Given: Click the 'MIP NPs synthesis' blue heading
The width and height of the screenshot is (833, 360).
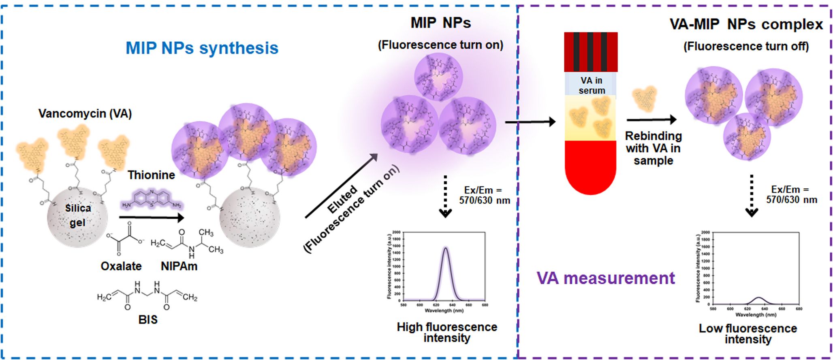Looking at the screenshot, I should point(202,48).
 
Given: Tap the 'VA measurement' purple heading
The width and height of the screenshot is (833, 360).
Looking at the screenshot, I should point(606,278).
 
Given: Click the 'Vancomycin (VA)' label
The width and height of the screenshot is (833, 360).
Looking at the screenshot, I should point(85,113).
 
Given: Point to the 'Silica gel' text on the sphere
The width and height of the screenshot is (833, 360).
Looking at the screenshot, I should point(78,215).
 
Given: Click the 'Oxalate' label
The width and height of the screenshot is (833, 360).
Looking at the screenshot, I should point(121,266).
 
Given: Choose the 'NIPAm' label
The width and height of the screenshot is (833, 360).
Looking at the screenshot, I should point(179,266).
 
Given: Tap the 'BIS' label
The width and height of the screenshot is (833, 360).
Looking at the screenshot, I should point(148,320).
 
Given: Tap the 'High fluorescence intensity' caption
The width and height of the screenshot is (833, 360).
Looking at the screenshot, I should point(447,332).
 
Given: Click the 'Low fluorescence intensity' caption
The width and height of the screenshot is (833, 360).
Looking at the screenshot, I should point(748,334).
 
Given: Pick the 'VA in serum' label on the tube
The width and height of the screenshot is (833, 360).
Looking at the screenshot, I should point(592,85).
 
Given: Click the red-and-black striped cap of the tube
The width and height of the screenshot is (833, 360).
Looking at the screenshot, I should point(591,52).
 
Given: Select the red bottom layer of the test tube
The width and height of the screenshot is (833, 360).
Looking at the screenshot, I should point(591,166).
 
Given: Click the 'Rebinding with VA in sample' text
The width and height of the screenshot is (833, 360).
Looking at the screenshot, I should point(654,148).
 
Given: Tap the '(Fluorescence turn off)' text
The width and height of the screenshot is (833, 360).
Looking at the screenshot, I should point(746,47).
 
